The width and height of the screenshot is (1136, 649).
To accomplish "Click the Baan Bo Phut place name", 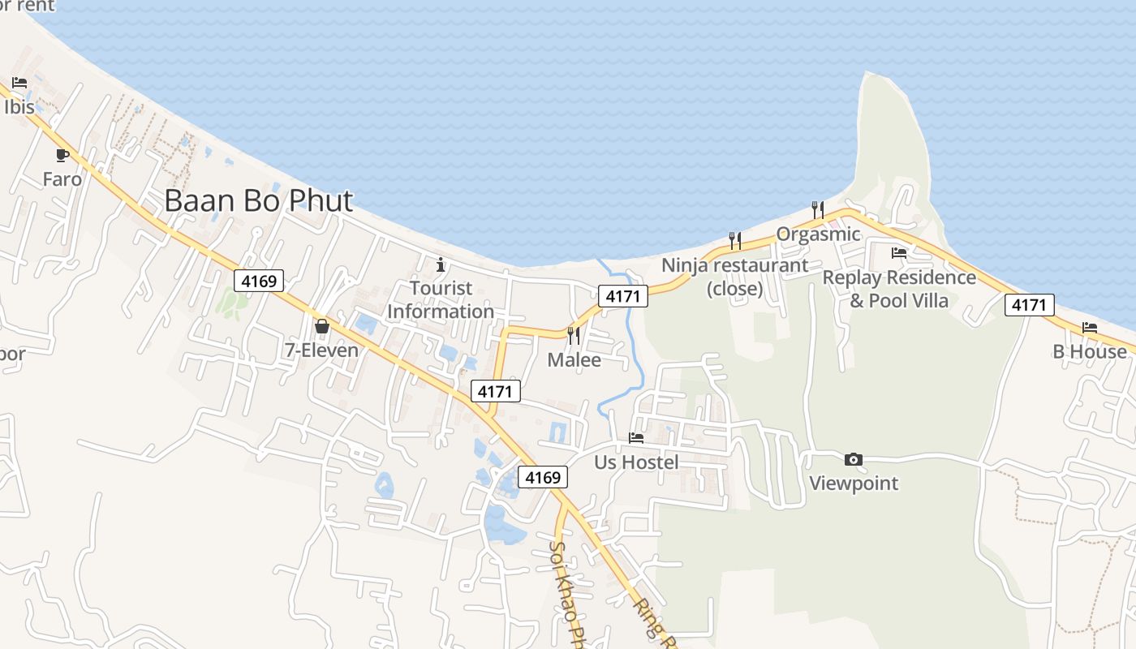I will (x=259, y=200).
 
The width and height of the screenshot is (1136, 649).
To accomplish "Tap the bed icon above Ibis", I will (x=19, y=83).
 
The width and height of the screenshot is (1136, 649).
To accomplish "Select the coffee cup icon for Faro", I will (x=62, y=155).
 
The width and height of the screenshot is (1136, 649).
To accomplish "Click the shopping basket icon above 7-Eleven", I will (x=322, y=326).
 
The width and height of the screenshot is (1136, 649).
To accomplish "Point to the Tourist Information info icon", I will (x=441, y=264).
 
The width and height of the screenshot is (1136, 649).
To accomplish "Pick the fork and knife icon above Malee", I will (x=574, y=335).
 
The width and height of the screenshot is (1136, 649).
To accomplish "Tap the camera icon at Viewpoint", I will (x=853, y=459).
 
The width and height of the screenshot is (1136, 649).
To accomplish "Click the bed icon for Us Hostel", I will (x=636, y=438).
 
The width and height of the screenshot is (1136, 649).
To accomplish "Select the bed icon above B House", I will (x=1089, y=328).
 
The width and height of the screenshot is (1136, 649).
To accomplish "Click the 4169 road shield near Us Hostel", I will (x=543, y=478).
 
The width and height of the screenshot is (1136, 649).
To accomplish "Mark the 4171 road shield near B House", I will (x=1030, y=305).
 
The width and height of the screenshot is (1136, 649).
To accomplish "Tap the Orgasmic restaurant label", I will (x=818, y=234).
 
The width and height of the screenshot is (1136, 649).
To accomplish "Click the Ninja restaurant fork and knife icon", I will (x=735, y=240).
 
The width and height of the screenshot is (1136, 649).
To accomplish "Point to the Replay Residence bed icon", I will (x=898, y=253).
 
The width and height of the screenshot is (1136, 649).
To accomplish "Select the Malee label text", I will (x=574, y=359).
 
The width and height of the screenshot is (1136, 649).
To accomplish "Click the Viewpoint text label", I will (x=854, y=484).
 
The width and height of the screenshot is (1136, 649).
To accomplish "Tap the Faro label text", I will (x=62, y=178).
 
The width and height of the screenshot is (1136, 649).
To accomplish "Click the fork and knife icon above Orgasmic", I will (x=818, y=210).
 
